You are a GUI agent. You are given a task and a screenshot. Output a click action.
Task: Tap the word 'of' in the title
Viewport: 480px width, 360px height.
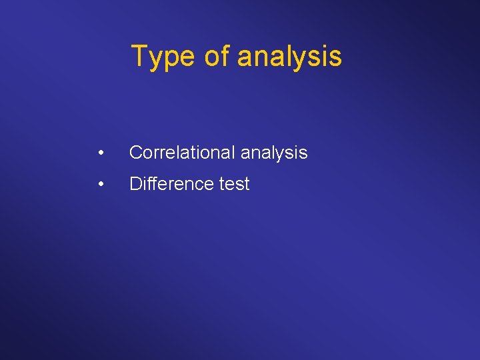pos(217,56)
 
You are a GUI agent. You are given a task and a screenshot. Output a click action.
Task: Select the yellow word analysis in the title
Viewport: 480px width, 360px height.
pos(289,56)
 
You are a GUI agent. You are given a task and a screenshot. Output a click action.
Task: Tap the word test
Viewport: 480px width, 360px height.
pos(234,184)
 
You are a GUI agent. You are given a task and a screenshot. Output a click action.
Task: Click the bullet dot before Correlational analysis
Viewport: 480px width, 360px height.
pos(99,153)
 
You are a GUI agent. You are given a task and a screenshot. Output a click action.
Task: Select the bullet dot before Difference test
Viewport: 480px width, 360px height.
pos(99,185)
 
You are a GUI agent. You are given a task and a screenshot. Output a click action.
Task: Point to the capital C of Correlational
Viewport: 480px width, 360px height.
pos(135,153)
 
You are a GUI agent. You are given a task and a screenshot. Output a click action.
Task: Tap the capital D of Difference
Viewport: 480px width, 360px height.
pos(135,184)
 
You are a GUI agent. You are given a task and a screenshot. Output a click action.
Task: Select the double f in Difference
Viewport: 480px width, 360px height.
pos(150,183)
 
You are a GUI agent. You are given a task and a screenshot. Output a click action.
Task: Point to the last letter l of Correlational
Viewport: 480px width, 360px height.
pos(233,153)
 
